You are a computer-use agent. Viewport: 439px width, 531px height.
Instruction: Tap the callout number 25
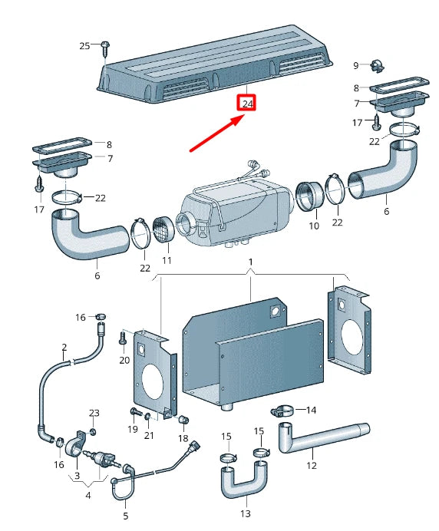click(x=85, y=46)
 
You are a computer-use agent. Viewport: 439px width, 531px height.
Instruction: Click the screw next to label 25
click(x=104, y=48)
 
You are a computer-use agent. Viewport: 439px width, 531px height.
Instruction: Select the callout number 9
click(x=356, y=64)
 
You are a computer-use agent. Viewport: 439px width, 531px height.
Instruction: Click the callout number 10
click(x=314, y=226)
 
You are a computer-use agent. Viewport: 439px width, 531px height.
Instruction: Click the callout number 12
click(x=312, y=465)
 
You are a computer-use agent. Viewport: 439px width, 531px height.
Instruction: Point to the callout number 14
click(x=311, y=411)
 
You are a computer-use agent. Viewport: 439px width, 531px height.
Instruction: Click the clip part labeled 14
click(x=283, y=410)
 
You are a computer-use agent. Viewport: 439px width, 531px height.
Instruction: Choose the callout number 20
click(x=124, y=360)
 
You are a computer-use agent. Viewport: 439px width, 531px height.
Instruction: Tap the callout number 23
click(x=94, y=414)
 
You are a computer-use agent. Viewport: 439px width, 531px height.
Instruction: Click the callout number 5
click(x=126, y=516)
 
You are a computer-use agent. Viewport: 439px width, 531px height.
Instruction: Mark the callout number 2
click(x=64, y=347)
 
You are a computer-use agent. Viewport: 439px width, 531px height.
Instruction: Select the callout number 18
click(x=183, y=438)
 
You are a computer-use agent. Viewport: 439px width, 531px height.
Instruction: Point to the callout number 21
click(x=149, y=436)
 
